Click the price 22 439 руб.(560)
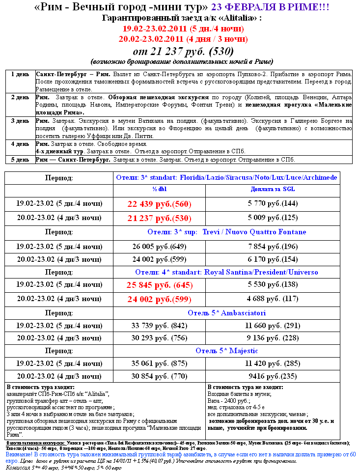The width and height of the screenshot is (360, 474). (x=159, y=204)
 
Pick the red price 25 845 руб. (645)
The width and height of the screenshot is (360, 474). (x=159, y=284)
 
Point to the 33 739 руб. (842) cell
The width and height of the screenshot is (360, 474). (x=159, y=325)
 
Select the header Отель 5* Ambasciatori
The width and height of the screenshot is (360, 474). (x=226, y=312)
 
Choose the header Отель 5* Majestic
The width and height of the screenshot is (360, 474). (x=226, y=351)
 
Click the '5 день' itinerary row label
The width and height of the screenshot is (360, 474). (x=20, y=160)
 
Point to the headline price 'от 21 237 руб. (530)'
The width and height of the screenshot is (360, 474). (x=182, y=51)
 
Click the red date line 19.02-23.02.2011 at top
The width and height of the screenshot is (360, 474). (x=182, y=28)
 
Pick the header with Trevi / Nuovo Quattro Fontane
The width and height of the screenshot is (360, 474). (x=226, y=231)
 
